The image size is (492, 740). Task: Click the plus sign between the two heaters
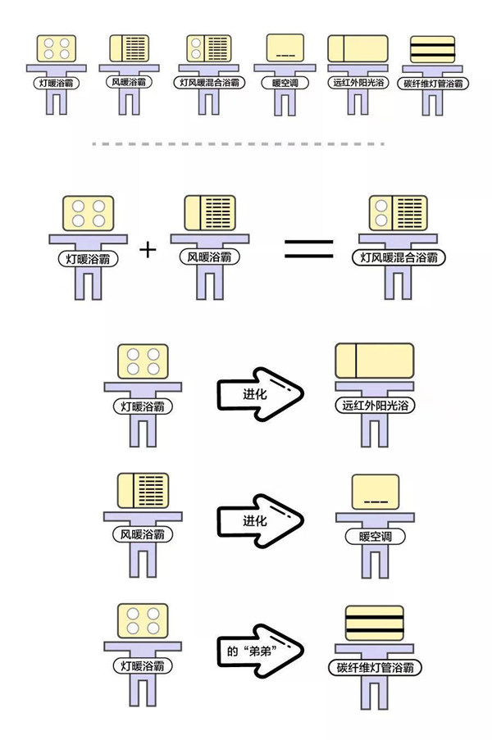click(x=148, y=249)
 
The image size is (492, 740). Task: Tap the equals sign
click(x=309, y=249)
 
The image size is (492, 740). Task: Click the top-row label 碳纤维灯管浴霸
click(x=432, y=84)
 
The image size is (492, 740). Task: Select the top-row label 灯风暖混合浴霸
click(x=210, y=83)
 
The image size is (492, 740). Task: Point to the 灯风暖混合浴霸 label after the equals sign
click(x=399, y=258)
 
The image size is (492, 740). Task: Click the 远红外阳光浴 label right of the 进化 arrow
click(x=375, y=406)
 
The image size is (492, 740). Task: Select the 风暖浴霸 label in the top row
click(x=127, y=83)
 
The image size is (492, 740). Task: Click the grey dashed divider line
click(x=238, y=144)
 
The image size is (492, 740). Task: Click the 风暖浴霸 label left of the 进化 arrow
click(x=143, y=535)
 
